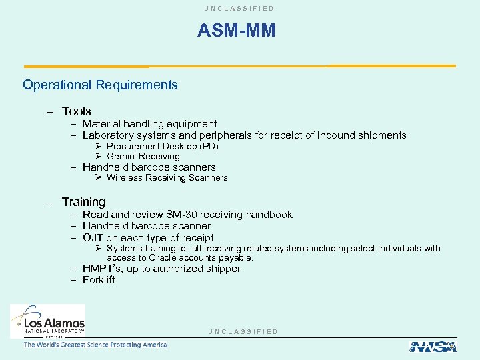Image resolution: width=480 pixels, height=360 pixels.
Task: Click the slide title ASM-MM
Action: click(x=236, y=31)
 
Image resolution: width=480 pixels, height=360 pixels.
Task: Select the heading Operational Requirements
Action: click(x=100, y=85)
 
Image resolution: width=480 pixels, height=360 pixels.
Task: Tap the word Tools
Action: click(x=76, y=111)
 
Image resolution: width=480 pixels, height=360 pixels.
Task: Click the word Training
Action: click(x=83, y=201)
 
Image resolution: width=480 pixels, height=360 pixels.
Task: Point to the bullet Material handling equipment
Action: click(x=149, y=123)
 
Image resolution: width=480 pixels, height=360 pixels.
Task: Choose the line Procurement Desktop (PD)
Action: click(x=162, y=146)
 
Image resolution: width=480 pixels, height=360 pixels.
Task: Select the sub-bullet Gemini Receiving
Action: click(x=143, y=156)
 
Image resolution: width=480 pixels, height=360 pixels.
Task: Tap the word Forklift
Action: click(x=99, y=280)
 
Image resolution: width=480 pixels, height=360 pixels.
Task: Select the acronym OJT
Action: click(x=93, y=238)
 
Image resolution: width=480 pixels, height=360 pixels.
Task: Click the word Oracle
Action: click(x=162, y=258)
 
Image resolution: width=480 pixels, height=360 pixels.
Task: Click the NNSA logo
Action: click(x=432, y=346)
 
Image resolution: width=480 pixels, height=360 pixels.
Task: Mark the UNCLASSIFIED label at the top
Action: click(x=240, y=8)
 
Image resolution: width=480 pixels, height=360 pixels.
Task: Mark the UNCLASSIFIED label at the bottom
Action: click(x=243, y=331)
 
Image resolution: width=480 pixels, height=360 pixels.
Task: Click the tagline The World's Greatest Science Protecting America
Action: click(x=95, y=345)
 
